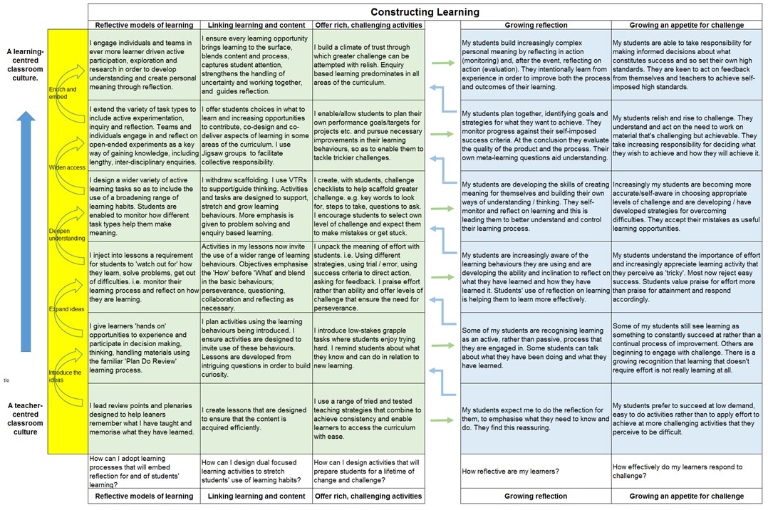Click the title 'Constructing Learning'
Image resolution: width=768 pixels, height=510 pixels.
(425, 12)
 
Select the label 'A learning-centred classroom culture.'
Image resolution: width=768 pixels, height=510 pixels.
(25, 65)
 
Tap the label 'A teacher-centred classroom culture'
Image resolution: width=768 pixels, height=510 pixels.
(25, 419)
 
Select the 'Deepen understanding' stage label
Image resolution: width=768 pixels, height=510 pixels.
(67, 234)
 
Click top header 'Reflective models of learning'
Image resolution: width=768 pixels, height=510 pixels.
(143, 26)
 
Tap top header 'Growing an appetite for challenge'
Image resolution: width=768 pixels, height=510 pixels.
(687, 26)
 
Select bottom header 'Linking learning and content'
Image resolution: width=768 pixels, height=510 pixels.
(255, 496)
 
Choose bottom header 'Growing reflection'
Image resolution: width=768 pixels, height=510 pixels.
(535, 496)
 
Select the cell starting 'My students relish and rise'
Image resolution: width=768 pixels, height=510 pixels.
(687, 135)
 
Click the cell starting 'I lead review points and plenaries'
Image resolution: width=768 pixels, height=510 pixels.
(143, 417)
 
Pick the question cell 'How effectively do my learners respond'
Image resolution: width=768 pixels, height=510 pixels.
(687, 471)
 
